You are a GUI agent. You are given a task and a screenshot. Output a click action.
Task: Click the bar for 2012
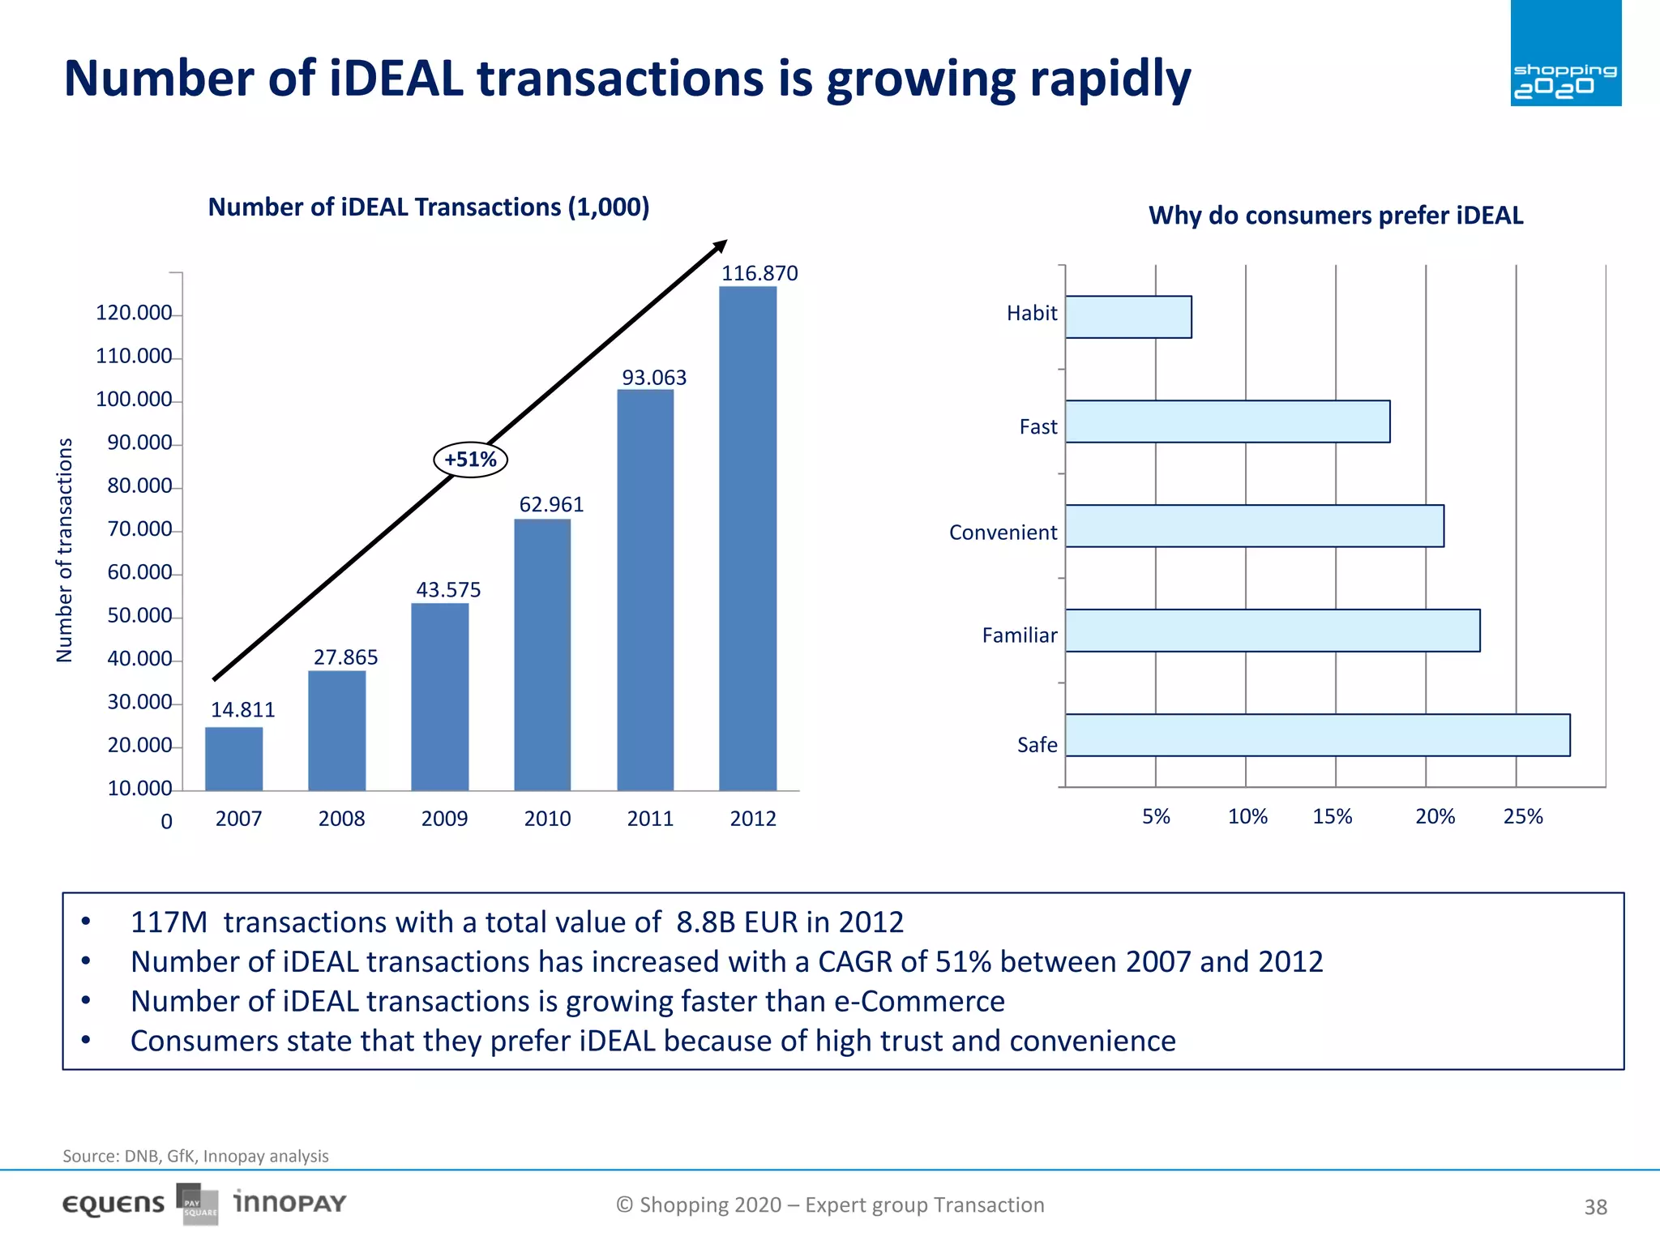click(x=747, y=538)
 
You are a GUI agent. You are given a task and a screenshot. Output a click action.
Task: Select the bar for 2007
click(x=233, y=759)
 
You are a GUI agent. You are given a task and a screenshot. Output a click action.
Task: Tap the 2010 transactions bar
click(x=542, y=654)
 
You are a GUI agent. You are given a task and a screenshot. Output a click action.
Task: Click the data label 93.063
click(x=653, y=378)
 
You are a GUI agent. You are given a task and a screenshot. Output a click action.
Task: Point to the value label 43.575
click(x=448, y=589)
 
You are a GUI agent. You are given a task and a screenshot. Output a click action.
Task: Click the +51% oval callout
click(x=470, y=460)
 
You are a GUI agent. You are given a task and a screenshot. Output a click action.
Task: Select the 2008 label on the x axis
click(x=341, y=819)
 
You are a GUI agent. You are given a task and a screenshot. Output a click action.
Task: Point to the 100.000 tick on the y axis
click(x=134, y=399)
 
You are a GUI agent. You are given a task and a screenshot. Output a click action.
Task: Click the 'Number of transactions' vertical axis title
click(x=64, y=550)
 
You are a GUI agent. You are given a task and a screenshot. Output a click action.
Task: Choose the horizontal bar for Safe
click(x=1317, y=735)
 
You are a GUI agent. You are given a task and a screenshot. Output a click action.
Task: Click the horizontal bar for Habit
click(x=1128, y=317)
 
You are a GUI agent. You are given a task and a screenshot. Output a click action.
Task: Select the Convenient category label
click(x=1003, y=533)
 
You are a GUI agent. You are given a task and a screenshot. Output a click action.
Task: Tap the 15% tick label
click(x=1333, y=816)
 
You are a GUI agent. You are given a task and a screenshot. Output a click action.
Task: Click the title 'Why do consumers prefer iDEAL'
click(x=1336, y=216)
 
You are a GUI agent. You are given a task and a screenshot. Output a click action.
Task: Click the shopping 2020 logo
click(x=1565, y=53)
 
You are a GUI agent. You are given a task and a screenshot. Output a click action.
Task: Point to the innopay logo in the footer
click(x=289, y=1203)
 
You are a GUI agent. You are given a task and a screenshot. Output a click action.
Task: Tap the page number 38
click(x=1595, y=1207)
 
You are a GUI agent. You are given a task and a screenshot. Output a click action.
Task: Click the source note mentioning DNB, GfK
click(x=195, y=1156)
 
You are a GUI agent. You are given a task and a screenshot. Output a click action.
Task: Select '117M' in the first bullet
click(x=169, y=922)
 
